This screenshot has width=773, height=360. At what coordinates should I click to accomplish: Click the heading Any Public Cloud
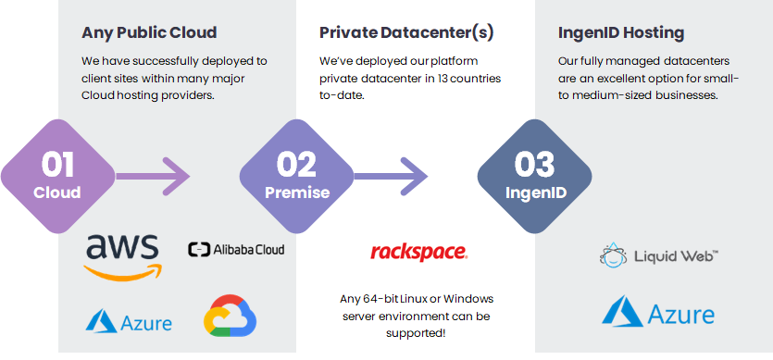tap(149, 32)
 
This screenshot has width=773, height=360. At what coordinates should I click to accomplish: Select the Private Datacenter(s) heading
tap(406, 32)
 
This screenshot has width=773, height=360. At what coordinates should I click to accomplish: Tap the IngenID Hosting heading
tap(621, 33)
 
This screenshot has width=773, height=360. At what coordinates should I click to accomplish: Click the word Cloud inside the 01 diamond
tap(57, 192)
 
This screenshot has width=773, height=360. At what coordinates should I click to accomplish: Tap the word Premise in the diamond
tap(297, 192)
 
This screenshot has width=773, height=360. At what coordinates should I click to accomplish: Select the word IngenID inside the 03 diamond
tap(536, 192)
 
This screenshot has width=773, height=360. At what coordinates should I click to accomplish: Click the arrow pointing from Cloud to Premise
tap(153, 176)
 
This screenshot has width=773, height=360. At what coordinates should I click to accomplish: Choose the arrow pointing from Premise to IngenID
tap(391, 176)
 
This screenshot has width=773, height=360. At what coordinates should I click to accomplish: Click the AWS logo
tap(122, 257)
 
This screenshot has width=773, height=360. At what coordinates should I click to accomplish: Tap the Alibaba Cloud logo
tap(236, 249)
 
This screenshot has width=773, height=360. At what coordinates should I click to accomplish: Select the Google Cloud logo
tap(231, 316)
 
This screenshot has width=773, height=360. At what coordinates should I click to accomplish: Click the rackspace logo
tap(418, 252)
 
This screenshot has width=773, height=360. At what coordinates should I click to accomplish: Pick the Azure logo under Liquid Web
tap(658, 312)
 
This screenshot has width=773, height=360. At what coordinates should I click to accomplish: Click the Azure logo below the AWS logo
tap(129, 321)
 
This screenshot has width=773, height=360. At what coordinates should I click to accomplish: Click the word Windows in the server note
tap(468, 299)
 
